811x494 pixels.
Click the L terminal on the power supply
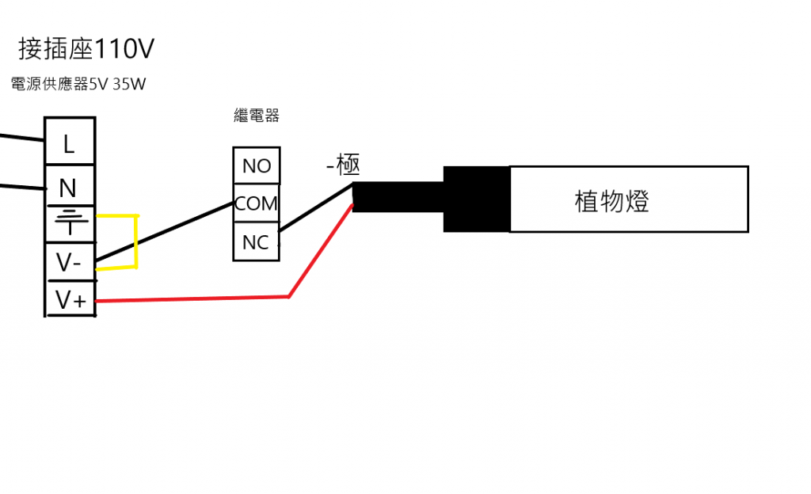tap(70, 142)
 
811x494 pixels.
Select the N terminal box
tap(70, 186)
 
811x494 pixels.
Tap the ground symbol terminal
tap(70, 224)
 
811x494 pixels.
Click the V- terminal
tap(70, 262)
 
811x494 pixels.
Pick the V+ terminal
tap(70, 298)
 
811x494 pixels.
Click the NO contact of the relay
tap(257, 165)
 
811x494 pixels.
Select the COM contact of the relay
tap(257, 203)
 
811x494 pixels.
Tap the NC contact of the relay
tap(257, 241)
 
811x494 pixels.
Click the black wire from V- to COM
tap(165, 231)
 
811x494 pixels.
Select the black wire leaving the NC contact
tap(316, 207)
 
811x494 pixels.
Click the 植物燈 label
tap(611, 201)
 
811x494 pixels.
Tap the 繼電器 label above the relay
tap(257, 116)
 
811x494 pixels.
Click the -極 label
tap(343, 165)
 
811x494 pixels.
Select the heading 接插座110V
tap(86, 48)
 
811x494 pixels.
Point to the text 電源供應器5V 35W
tap(78, 84)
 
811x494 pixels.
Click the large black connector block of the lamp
tap(476, 199)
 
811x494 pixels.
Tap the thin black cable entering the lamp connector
tap(398, 197)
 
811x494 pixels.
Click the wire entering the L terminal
tap(22, 138)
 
